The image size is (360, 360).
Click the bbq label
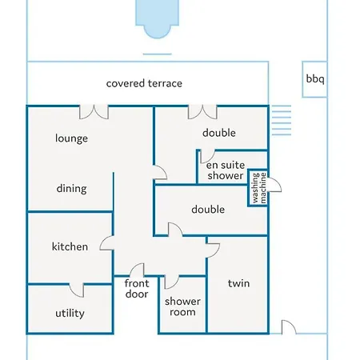point(315,79)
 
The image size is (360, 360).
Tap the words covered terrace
point(144,83)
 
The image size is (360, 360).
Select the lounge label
point(71,138)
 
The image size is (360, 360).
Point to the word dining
point(71,189)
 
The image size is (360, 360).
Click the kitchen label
point(70,246)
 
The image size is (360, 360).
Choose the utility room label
point(70,313)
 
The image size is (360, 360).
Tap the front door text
point(137,289)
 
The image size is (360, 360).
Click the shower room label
point(182,306)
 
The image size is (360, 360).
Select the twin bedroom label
point(238,283)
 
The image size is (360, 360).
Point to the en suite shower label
point(226,170)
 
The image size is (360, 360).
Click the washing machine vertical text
point(259,188)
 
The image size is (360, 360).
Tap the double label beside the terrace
point(219,133)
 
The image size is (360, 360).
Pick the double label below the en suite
point(208,210)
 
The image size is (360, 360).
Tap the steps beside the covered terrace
point(282,120)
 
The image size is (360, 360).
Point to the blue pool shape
point(157,18)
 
